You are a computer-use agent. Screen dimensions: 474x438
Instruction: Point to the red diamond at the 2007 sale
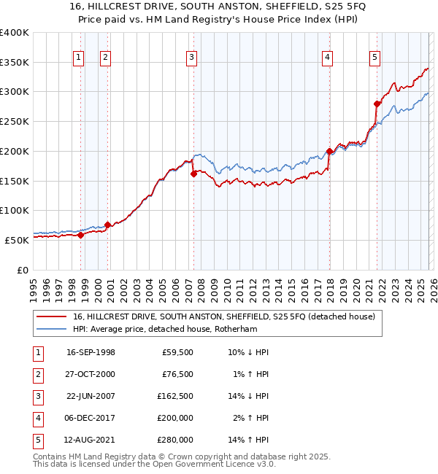pos(193,174)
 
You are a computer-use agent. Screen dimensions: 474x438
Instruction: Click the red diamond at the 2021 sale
pos(377,104)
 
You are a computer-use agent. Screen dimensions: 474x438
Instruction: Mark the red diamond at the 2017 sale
pos(329,152)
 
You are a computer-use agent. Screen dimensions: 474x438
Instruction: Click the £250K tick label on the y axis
pos(14,121)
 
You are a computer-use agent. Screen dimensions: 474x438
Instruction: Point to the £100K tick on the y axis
pos(14,210)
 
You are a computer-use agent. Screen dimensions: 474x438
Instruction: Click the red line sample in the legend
pos(52,316)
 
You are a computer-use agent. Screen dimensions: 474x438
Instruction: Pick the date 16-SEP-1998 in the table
pos(91,352)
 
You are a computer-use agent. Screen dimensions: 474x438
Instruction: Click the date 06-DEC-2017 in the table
pos(91,418)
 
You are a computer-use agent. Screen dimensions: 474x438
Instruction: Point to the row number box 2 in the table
pos(37,374)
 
